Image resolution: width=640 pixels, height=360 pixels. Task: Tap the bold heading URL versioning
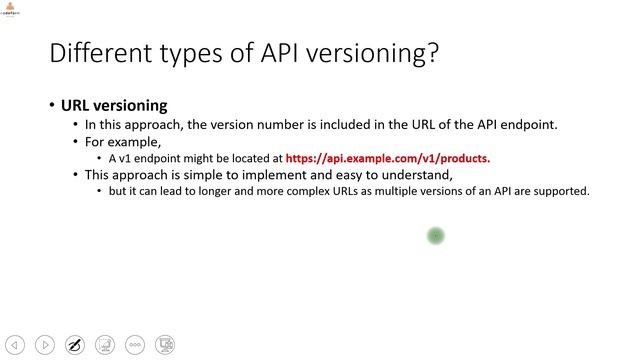114,105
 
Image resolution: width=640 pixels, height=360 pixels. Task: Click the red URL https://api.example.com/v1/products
388,158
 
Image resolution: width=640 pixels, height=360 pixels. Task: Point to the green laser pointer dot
435,236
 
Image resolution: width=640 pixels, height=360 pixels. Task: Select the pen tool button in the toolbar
74,345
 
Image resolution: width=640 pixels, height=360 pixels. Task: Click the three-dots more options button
135,345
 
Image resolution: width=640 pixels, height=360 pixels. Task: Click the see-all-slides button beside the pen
105,345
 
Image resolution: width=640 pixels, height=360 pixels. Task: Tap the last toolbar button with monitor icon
166,345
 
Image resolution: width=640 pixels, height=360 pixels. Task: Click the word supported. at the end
564,190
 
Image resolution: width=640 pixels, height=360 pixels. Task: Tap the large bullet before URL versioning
51,106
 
